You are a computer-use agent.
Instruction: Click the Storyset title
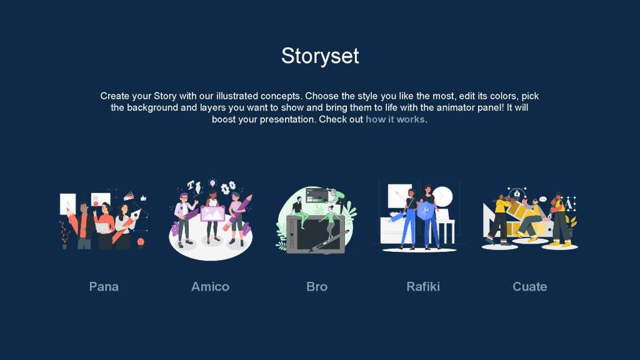tap(320, 56)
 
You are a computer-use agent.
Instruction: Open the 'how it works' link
tap(395, 119)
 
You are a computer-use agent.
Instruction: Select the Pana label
tap(104, 286)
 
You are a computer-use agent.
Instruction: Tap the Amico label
tap(210, 286)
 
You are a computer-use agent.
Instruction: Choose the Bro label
tap(317, 286)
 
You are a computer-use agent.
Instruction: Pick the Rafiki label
tap(423, 286)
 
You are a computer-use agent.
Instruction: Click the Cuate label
tap(530, 286)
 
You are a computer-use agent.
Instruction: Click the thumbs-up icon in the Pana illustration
tap(143, 198)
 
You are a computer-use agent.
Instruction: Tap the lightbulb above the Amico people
tap(212, 183)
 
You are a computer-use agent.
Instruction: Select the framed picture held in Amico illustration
tap(212, 214)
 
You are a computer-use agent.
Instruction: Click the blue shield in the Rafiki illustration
tap(425, 211)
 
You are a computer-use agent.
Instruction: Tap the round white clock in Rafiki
tap(442, 197)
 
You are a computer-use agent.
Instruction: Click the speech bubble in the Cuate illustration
tap(543, 199)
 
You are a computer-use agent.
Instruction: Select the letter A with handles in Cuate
tap(569, 204)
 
